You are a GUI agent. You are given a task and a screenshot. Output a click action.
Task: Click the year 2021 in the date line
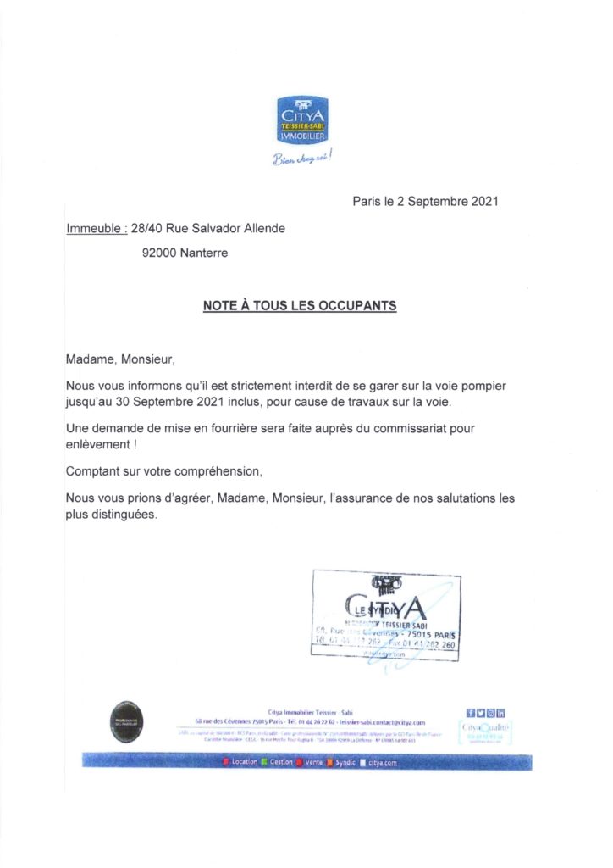(x=482, y=202)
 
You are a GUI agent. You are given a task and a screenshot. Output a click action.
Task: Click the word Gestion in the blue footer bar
(x=281, y=762)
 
